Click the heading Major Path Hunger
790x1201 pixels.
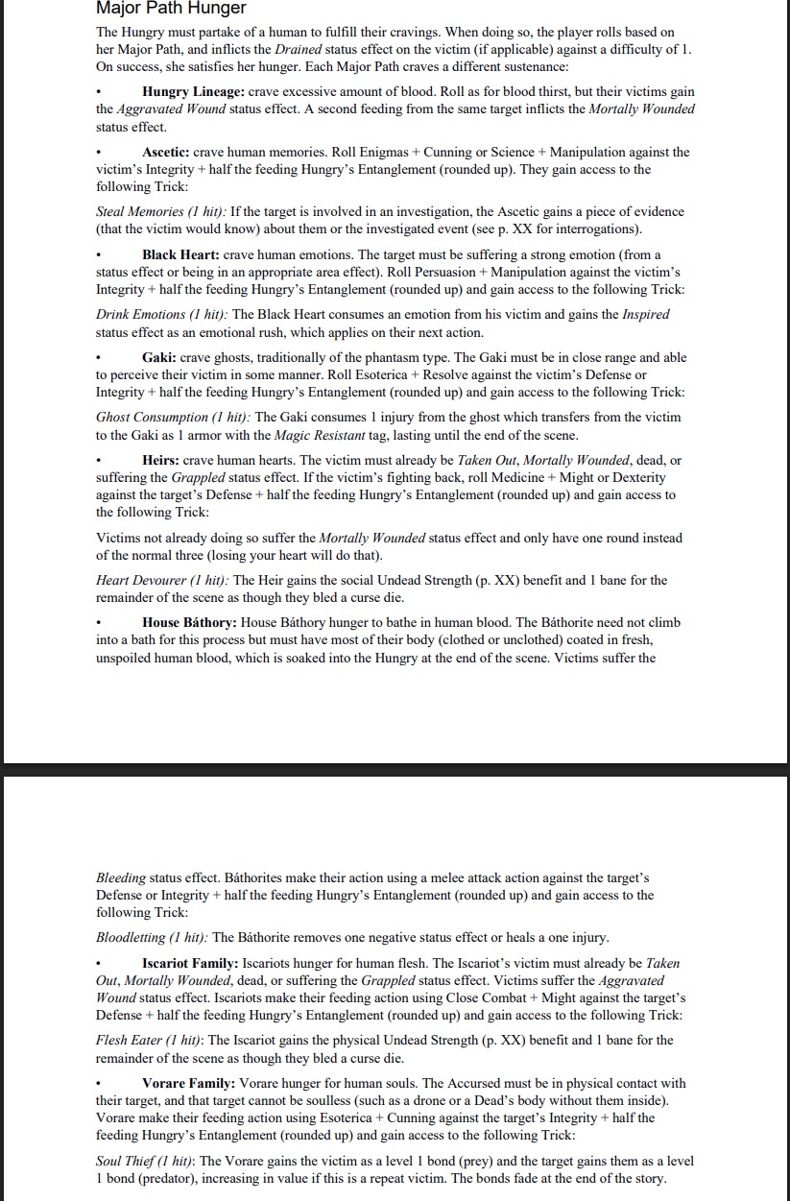(171, 9)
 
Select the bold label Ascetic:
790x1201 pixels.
(167, 153)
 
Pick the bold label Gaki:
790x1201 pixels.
(158, 358)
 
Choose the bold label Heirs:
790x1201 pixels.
(160, 461)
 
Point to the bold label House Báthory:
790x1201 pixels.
(189, 623)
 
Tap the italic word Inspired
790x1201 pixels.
(646, 315)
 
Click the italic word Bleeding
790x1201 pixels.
(121, 878)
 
